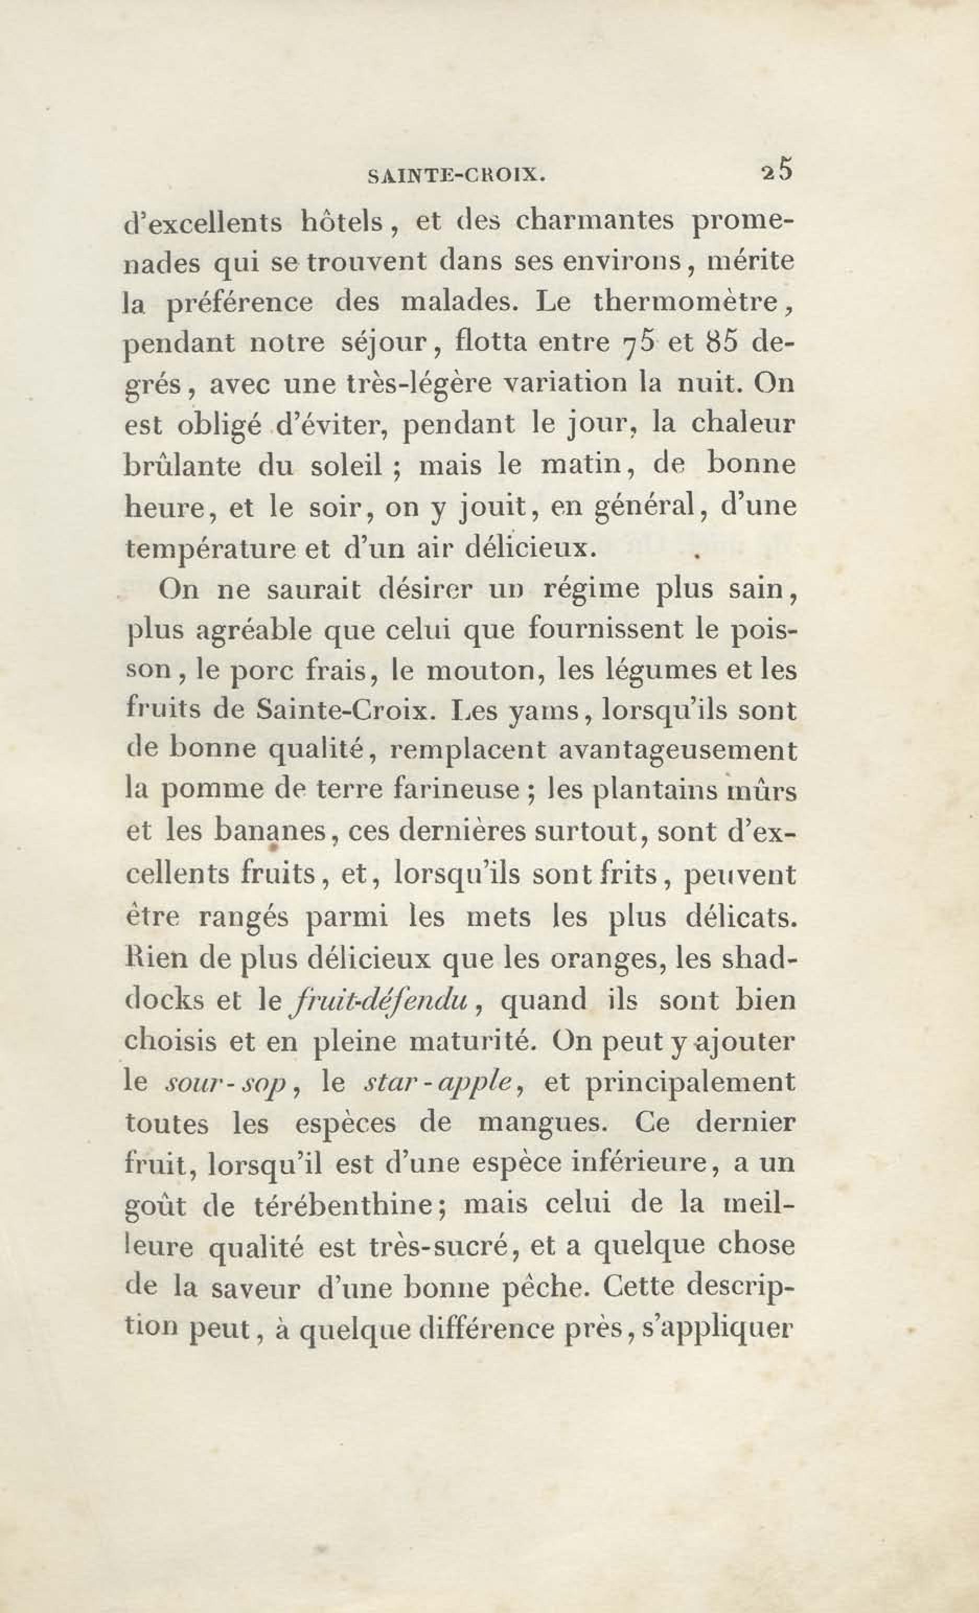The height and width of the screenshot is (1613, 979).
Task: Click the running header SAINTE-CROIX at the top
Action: [457, 176]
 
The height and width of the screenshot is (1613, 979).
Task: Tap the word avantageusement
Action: [678, 751]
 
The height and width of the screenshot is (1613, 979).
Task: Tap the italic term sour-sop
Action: [226, 1083]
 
